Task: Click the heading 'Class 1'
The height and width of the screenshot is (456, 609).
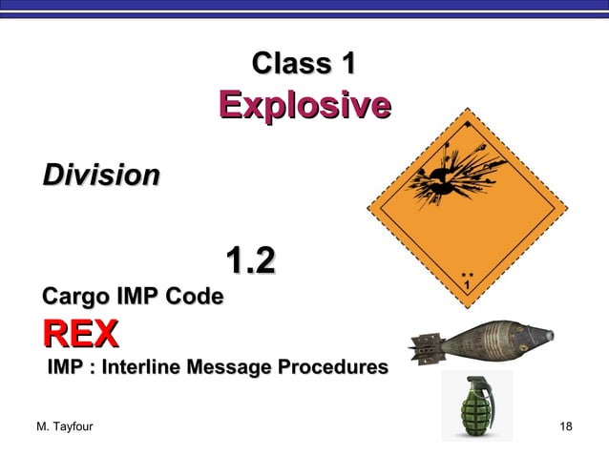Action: tap(304, 64)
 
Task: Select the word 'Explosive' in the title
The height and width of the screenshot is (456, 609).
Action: tap(304, 104)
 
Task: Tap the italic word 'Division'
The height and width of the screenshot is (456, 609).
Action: tap(100, 176)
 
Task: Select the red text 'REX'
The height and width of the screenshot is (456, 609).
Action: tap(79, 335)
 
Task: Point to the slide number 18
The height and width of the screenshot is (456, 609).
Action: tap(565, 425)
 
